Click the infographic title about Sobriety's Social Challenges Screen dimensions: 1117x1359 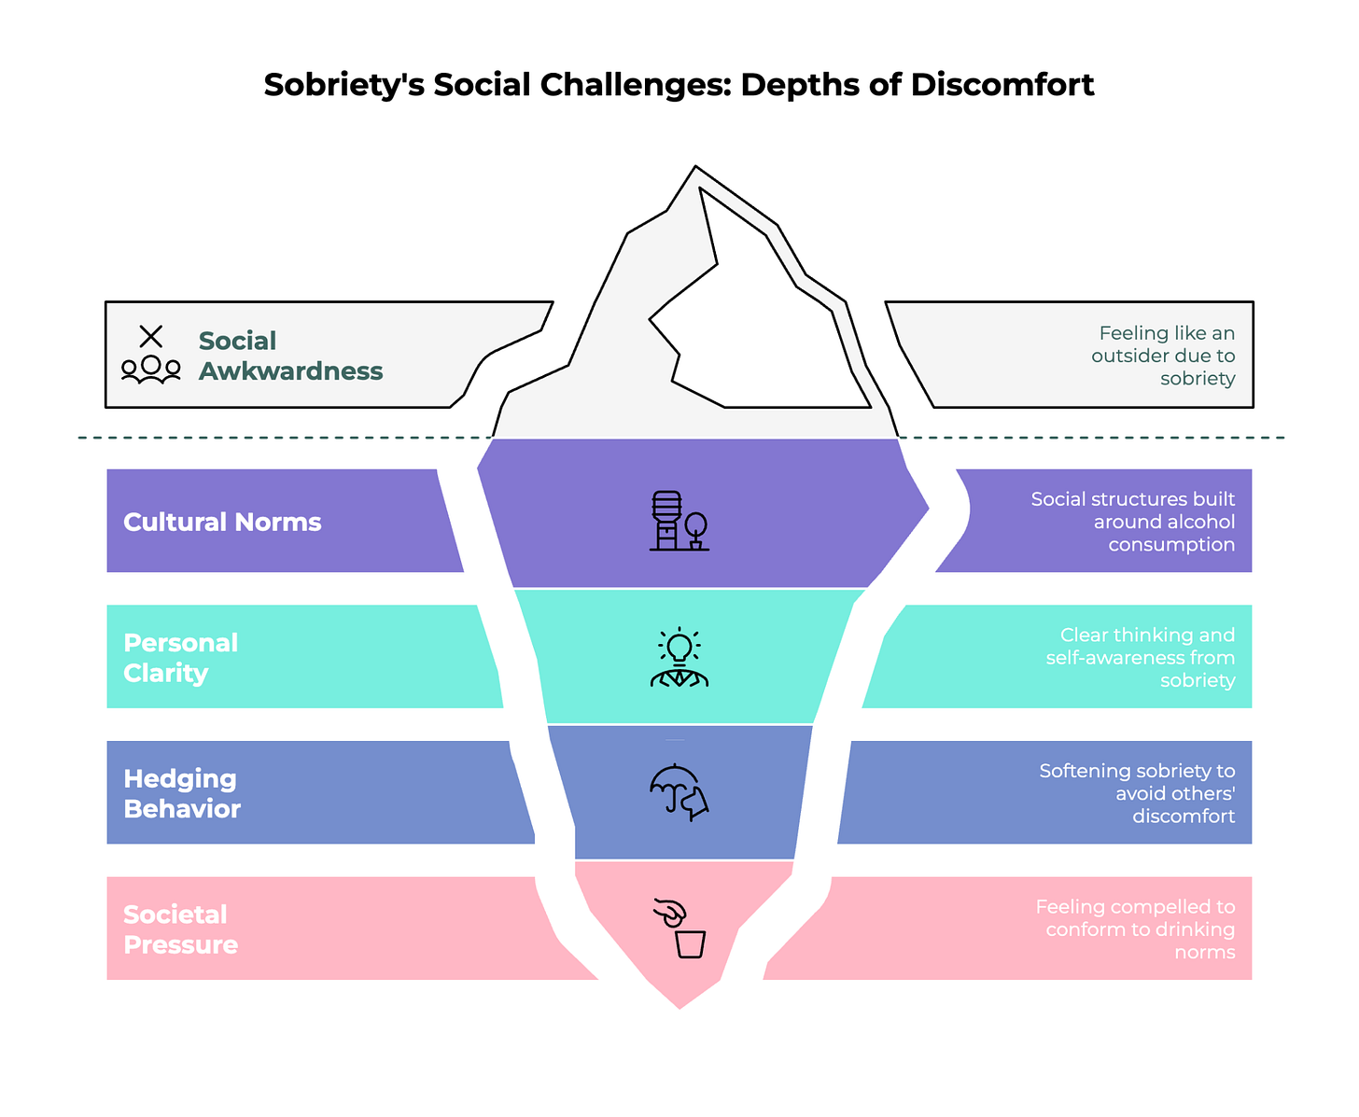tap(679, 85)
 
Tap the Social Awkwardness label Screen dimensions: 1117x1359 tap(290, 356)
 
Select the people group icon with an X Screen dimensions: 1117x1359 tap(150, 356)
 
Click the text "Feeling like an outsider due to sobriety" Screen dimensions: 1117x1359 tap(1163, 356)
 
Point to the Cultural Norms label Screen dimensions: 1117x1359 tap(222, 522)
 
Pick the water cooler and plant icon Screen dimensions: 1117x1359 tap(679, 521)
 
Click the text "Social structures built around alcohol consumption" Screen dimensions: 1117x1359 tap(1132, 522)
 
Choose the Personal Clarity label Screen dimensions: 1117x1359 tap(180, 657)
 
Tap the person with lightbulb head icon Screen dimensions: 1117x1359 tap(679, 658)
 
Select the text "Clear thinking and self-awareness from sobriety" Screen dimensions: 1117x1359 tap(1140, 657)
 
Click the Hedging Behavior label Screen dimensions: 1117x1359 tap(182, 793)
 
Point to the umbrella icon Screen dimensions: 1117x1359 tap(679, 792)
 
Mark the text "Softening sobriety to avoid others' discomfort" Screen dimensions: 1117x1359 tap(1137, 793)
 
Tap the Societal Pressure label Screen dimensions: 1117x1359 tap(180, 929)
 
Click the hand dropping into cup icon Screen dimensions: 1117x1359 tap(680, 928)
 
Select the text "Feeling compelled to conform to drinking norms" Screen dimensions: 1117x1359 tap(1135, 929)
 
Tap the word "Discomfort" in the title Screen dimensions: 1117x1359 tap(1002, 85)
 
